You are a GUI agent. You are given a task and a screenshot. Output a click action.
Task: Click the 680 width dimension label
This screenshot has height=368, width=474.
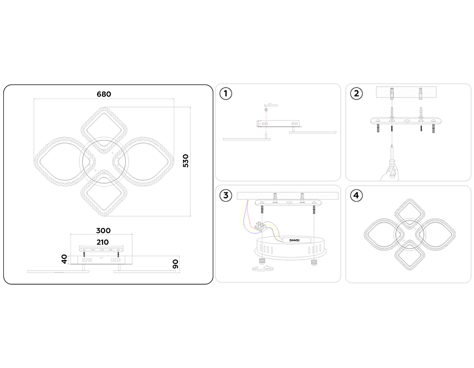coord(104,94)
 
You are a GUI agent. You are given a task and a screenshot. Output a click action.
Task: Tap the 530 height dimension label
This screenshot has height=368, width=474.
coord(186,161)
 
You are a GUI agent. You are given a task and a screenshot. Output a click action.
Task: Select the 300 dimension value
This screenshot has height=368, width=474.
coord(103,230)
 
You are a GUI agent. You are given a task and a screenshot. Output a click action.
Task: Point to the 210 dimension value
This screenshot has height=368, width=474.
coord(103,242)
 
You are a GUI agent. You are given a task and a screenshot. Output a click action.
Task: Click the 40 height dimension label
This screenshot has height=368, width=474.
coord(64,259)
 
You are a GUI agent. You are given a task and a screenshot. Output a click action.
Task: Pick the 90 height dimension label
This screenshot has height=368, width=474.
coord(175,264)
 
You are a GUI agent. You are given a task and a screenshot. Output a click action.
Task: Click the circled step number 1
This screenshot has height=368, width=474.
coord(225,94)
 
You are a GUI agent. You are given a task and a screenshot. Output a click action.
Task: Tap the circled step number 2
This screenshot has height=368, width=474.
coord(356,94)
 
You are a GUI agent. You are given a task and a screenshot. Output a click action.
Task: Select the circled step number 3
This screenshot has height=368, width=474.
coord(225,196)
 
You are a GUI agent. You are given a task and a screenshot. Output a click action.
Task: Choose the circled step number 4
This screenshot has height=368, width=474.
coord(356,196)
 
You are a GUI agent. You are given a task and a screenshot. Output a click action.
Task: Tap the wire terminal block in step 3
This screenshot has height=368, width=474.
coord(261,226)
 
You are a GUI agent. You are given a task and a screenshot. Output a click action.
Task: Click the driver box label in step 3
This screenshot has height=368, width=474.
coord(294,241)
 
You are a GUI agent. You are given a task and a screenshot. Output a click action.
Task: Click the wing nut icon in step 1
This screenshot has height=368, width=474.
coord(271,105)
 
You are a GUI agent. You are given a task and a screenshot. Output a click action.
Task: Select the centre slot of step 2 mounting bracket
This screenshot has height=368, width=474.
coord(406,121)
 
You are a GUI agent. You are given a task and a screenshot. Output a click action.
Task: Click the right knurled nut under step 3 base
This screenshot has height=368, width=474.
coord(314,261)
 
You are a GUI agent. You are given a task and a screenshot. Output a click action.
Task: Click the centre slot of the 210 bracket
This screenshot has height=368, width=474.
coord(102,250)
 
